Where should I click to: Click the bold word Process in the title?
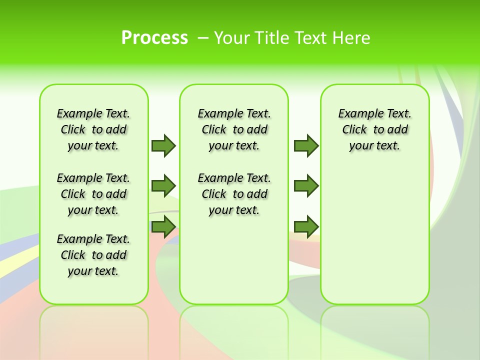pos(154,38)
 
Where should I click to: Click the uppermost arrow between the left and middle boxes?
pos(163,145)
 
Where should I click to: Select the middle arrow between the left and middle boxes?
pos(163,186)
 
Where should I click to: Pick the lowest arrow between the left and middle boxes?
pos(163,226)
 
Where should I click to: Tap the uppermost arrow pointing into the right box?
pos(306,145)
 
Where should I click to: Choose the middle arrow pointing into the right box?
pos(306,186)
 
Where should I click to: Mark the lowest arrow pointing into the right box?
pos(306,226)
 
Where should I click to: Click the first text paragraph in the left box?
pos(93,129)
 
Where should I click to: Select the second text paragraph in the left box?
pos(93,194)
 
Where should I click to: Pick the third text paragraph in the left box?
pos(93,255)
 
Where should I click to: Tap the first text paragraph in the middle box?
pos(234,129)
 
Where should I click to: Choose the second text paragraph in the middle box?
pos(234,194)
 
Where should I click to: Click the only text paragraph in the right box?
pos(374,129)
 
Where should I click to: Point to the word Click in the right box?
pos(354,130)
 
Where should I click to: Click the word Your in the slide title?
pos(232,38)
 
